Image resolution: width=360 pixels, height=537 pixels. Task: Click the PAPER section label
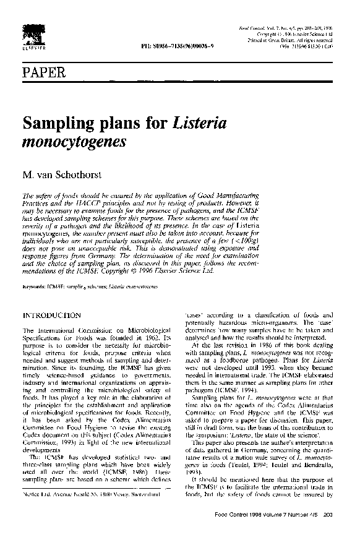pos(44,74)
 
